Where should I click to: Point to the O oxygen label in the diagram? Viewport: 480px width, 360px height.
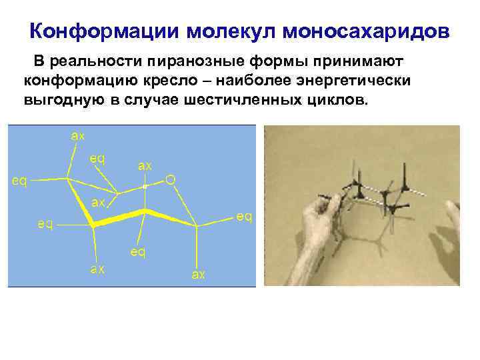171,179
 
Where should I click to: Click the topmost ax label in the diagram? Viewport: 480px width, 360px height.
78,136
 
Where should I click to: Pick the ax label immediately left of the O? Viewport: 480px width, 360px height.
145,165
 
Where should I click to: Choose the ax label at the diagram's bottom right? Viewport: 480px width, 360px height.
198,274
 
